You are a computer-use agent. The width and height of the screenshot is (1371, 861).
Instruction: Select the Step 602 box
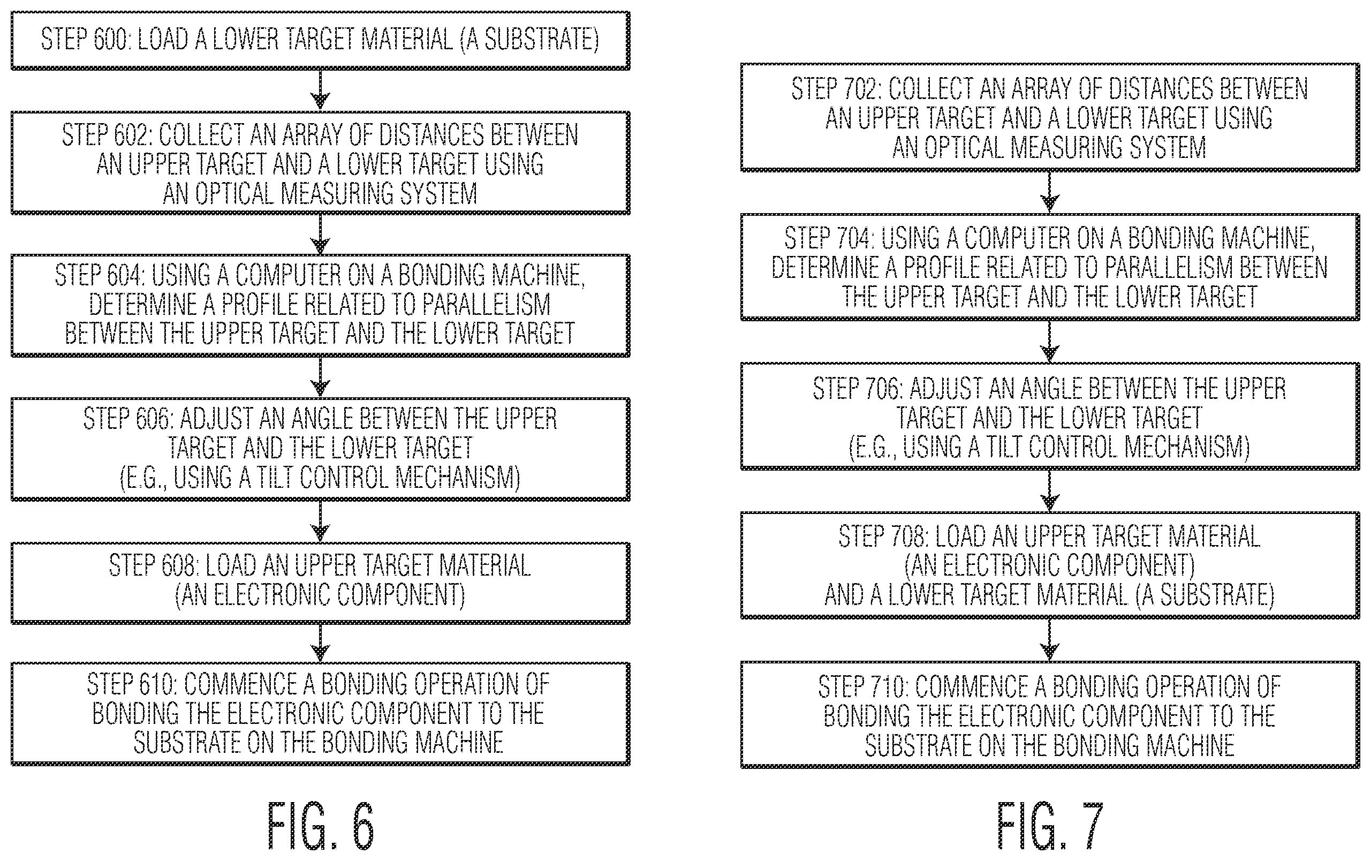pyautogui.click(x=321, y=163)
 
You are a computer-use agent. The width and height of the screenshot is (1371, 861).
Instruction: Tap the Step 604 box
pyautogui.click(x=321, y=305)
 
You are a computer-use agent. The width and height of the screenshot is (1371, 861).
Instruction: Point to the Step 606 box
pyautogui.click(x=321, y=449)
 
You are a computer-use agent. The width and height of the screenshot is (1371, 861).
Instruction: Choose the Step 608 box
pyautogui.click(x=321, y=583)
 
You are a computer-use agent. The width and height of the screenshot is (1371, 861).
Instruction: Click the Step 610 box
pyautogui.click(x=321, y=714)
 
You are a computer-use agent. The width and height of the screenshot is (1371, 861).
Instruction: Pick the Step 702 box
pyautogui.click(x=1050, y=117)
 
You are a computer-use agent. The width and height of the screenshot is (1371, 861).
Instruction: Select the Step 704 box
pyautogui.click(x=1050, y=267)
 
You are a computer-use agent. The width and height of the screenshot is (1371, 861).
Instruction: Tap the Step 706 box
pyautogui.click(x=1050, y=416)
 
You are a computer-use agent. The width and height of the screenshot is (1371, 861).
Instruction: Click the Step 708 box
pyautogui.click(x=1050, y=565)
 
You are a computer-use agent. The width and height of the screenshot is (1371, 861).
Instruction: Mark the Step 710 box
pyautogui.click(x=1050, y=715)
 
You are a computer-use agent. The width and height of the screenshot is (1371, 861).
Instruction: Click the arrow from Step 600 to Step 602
pyautogui.click(x=321, y=90)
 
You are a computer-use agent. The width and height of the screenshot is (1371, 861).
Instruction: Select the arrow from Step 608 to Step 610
pyautogui.click(x=321, y=643)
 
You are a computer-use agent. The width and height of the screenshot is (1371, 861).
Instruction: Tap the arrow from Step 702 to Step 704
pyautogui.click(x=1049, y=192)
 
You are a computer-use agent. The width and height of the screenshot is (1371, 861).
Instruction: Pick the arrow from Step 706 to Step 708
pyautogui.click(x=1049, y=491)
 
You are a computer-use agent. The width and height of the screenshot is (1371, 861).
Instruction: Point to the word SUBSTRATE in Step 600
pyautogui.click(x=537, y=39)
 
